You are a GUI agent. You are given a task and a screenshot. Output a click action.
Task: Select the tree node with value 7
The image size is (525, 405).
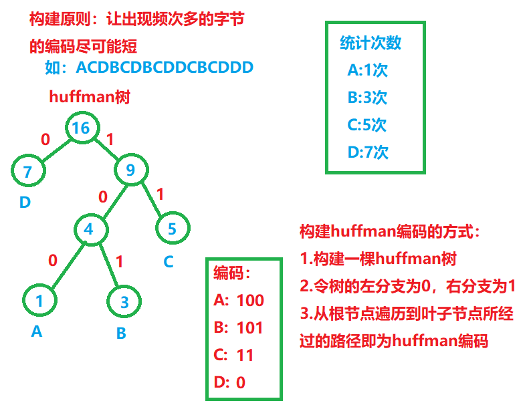pos(28,172)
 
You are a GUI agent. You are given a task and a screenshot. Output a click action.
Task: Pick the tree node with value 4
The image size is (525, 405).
pos(88,229)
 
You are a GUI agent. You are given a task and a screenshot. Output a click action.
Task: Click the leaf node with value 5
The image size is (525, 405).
pos(172,229)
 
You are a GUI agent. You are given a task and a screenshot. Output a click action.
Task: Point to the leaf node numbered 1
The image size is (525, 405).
pos(39,301)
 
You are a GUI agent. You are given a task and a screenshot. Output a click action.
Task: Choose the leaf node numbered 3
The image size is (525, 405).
pos(124,302)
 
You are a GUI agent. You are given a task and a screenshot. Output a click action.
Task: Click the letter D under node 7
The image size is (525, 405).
pos(25,201)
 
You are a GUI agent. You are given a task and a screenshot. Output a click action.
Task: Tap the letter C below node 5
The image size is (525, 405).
pos(169,261)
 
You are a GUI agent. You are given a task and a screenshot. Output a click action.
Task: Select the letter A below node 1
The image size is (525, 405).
pos(37,331)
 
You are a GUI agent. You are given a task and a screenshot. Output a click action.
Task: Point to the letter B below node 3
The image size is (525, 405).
pos(121,332)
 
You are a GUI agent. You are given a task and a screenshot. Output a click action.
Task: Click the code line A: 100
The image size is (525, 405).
pos(239,301)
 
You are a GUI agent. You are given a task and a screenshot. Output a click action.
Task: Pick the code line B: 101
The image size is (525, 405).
pos(239,328)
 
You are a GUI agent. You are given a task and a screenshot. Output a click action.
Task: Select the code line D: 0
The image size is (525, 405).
pos(230,382)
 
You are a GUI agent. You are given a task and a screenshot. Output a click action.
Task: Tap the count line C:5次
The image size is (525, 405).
pos(367,125)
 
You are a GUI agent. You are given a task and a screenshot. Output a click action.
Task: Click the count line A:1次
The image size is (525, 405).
pos(367,70)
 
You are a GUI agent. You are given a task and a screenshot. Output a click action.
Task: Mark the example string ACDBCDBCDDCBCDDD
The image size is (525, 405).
pos(165,67)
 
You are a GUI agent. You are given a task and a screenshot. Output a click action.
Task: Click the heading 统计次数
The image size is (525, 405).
pos(371,43)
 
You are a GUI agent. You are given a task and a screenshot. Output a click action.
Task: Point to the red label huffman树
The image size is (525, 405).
pos(90,97)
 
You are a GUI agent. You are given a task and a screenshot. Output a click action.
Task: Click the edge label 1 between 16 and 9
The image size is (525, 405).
pos(110,140)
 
